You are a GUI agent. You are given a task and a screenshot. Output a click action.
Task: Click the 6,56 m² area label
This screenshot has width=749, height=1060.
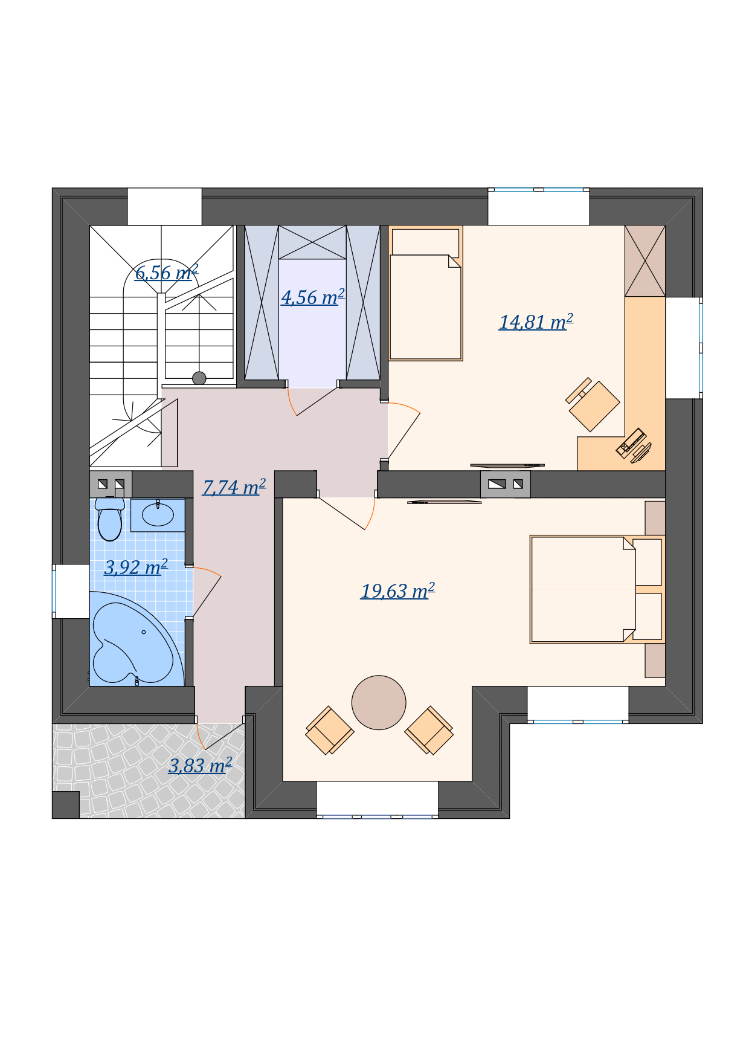[x=167, y=273]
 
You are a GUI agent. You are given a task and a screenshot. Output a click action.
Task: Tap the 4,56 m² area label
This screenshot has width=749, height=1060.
[x=313, y=297]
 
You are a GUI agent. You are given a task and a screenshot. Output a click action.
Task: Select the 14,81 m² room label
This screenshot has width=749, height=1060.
[x=536, y=322]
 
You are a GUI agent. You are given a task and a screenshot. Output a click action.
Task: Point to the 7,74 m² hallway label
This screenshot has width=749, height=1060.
[x=234, y=487]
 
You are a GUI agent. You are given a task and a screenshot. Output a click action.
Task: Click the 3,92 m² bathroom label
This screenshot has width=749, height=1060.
[x=136, y=567]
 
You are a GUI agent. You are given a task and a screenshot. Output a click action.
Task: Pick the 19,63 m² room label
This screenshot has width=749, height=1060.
[x=398, y=590]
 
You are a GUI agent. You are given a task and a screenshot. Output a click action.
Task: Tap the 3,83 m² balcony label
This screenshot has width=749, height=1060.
[x=200, y=766]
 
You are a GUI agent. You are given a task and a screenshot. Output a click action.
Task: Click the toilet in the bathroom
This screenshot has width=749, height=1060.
[x=110, y=519]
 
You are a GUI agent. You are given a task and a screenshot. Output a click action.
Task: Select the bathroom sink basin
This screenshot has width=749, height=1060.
[x=158, y=515]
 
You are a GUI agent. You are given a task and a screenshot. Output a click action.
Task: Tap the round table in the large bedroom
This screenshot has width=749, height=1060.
[x=379, y=702]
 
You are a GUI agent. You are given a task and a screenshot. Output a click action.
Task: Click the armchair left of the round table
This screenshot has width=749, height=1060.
[x=329, y=730]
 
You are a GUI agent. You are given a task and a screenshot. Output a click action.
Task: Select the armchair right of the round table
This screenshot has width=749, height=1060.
[x=429, y=730]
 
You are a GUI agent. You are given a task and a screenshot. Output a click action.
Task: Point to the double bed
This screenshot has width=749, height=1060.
[x=597, y=589]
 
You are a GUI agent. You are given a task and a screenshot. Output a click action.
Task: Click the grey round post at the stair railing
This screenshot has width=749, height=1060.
[x=199, y=378]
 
